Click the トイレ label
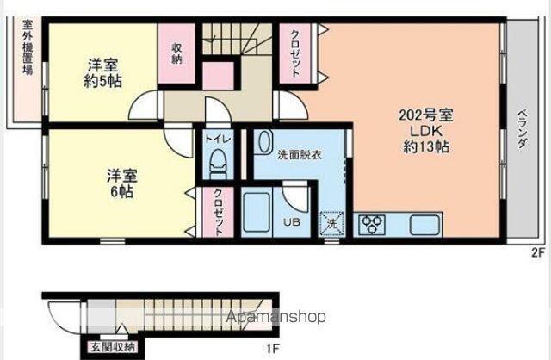coord(215,138)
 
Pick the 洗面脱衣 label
coord(300,156)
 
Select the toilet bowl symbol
coord(216,162)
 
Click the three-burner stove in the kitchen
coord(375,224)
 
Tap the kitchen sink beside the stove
coord(424,225)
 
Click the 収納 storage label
coord(176,53)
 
